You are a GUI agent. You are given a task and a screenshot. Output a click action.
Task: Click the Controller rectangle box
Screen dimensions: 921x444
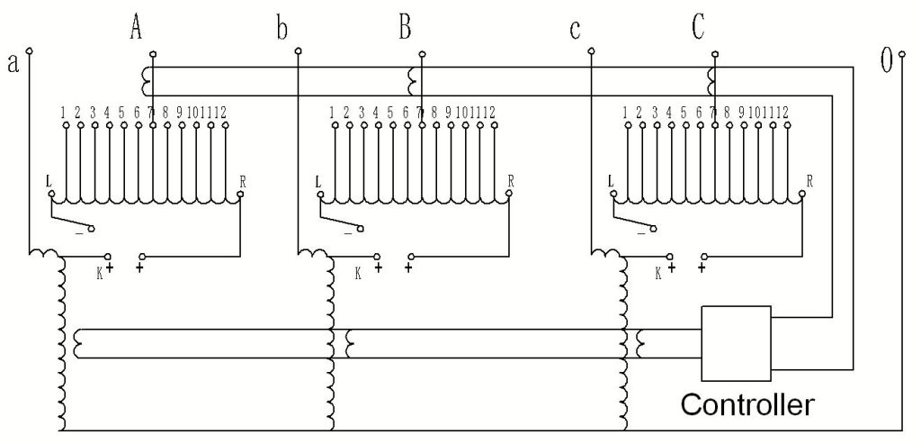737,306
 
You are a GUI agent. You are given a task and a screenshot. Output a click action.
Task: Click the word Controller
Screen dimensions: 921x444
747,406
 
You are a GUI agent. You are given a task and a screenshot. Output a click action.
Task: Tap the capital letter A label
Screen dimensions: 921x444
136,28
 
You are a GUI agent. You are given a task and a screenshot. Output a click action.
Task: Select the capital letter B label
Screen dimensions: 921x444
405,28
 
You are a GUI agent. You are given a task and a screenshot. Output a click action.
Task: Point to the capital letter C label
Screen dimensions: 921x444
698,28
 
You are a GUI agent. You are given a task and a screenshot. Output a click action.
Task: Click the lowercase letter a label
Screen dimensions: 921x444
13,63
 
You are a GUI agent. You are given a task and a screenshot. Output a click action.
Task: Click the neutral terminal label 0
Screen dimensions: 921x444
886,60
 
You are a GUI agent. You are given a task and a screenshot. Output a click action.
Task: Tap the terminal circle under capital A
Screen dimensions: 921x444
153,53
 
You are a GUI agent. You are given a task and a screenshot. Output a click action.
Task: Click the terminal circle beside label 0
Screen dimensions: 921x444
902,53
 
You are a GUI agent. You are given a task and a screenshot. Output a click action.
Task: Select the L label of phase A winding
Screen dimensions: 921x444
49,180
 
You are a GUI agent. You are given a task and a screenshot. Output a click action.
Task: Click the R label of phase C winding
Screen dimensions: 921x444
809,180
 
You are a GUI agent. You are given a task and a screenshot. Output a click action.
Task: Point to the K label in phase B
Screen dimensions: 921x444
358,273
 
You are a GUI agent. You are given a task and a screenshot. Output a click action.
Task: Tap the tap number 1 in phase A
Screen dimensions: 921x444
63,112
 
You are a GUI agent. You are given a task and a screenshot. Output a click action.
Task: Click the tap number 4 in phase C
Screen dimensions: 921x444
669,112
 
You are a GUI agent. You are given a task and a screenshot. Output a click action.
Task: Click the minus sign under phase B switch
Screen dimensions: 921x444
348,235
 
